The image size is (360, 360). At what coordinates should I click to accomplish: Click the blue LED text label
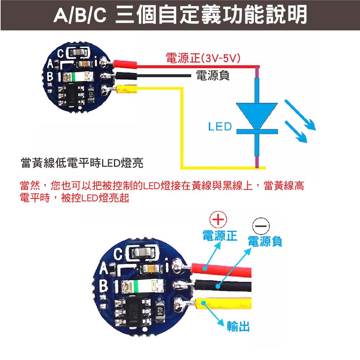[x=220, y=127]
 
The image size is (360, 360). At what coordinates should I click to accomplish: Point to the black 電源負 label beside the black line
[x=212, y=75]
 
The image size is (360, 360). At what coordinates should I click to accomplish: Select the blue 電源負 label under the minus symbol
[x=265, y=241]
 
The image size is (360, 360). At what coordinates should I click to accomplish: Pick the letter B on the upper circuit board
[x=50, y=77]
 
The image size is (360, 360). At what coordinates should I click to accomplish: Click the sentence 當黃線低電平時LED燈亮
[x=82, y=163]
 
